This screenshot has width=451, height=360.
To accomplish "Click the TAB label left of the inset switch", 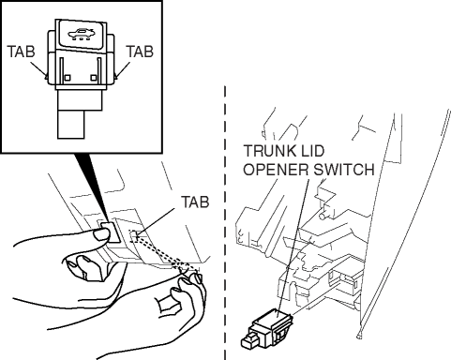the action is [21, 52].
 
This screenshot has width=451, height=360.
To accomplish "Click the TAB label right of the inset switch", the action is [140, 52].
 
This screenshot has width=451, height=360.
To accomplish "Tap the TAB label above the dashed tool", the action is [195, 202].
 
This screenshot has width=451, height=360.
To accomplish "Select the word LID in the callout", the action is [313, 151].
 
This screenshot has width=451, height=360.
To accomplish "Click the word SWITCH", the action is [344, 170].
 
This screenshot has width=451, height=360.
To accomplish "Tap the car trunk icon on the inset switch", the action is [81, 34].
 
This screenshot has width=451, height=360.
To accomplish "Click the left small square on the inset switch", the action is [68, 78].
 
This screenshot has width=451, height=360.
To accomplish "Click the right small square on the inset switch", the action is [94, 78].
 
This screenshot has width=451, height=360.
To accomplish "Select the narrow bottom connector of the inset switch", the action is [71, 125].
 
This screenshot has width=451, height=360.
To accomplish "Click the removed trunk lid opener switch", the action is [267, 328].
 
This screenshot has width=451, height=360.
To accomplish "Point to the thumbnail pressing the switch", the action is [101, 234].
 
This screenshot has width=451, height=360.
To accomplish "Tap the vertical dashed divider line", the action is [225, 222].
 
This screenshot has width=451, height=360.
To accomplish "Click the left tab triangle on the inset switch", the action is [46, 76].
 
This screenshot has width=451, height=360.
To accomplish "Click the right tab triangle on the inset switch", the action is [115, 76].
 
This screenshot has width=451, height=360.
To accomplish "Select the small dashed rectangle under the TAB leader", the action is [134, 235].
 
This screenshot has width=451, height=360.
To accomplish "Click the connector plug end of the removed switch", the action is [248, 341].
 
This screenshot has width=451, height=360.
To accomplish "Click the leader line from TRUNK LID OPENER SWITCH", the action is [293, 244].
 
